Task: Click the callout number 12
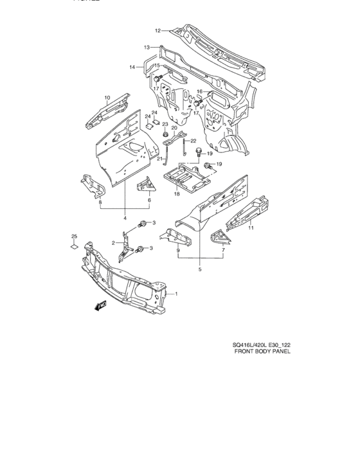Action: pyautogui.click(x=157, y=31)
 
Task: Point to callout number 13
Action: pyautogui.click(x=147, y=47)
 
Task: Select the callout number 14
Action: pyautogui.click(x=132, y=67)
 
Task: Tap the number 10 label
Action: pyautogui.click(x=108, y=97)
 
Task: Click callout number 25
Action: pyautogui.click(x=74, y=236)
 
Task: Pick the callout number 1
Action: pyautogui.click(x=178, y=294)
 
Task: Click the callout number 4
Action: pyautogui.click(x=125, y=218)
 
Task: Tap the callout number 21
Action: pyautogui.click(x=161, y=159)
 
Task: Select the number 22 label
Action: pyautogui.click(x=193, y=140)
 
